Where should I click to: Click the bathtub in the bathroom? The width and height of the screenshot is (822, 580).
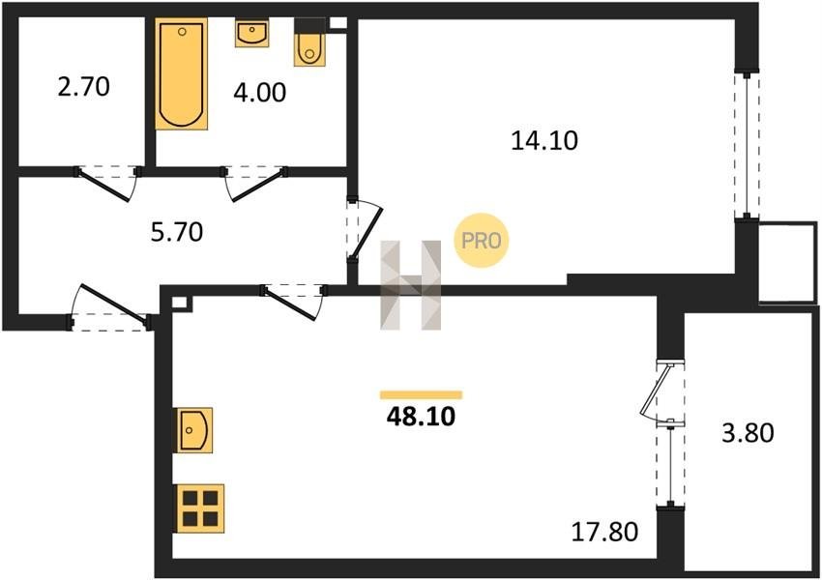182,73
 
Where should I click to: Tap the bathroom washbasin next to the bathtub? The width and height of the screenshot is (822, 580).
251,33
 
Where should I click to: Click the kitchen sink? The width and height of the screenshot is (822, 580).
192,430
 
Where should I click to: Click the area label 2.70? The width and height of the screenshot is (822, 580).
84,87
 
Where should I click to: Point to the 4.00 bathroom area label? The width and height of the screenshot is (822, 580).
260,92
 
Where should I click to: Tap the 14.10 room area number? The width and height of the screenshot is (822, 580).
544,140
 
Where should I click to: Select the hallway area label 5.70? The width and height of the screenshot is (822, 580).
177,232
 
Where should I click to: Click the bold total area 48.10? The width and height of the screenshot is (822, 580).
421,417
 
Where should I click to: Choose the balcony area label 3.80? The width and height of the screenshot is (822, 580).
749,433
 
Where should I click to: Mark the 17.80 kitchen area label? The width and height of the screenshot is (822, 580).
605,532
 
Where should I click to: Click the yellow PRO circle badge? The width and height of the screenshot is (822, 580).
482,241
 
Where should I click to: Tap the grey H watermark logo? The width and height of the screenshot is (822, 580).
410,285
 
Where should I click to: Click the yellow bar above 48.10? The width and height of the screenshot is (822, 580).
421,395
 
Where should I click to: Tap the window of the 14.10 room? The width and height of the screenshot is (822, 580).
747,145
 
